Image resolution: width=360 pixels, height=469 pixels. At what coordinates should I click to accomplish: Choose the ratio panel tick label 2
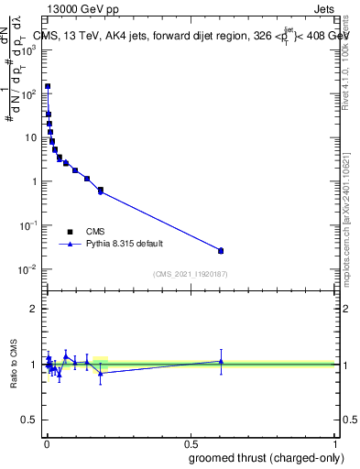(33, 309)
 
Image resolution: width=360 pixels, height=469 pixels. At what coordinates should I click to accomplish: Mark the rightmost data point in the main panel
(220, 250)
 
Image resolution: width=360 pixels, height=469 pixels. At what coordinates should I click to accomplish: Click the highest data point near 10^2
(48, 86)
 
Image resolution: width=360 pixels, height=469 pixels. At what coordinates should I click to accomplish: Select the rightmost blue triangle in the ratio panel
(220, 361)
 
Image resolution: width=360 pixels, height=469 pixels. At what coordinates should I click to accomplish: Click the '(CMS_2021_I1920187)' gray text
(190, 273)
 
